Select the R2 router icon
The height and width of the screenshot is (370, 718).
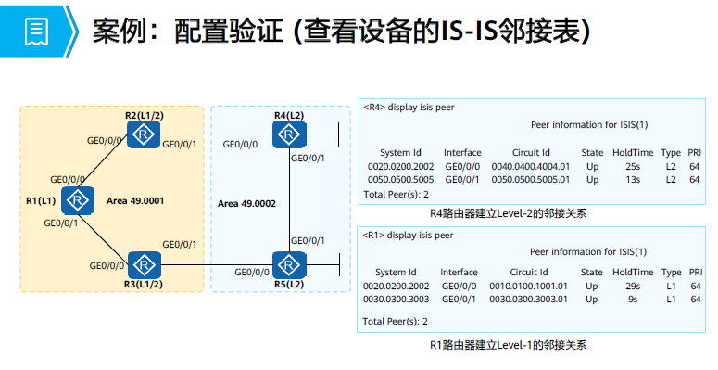pos(145,136)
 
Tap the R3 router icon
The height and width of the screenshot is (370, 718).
pos(145,265)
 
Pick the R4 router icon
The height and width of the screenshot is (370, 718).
pos(290,136)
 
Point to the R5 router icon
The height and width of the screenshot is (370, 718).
pos(290,265)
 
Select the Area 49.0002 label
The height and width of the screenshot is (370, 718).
pos(246,202)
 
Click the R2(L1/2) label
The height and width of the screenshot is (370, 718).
pos(145,115)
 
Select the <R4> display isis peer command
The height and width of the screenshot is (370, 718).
pos(409,107)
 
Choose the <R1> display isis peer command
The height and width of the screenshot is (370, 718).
pos(409,235)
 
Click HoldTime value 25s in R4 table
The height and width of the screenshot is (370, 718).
pos(633,166)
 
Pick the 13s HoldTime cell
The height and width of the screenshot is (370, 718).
pos(633,179)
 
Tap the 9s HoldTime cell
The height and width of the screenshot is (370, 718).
pos(633,299)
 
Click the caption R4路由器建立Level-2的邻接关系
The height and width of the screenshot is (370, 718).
pos(509,212)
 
